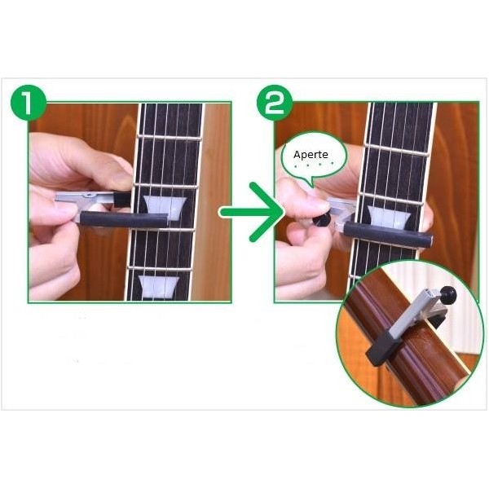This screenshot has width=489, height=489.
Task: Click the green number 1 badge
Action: (x=29, y=103)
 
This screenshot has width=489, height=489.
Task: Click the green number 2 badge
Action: (x=275, y=103)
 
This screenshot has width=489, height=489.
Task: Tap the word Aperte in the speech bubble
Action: (x=311, y=155)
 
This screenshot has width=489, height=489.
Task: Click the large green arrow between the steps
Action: (x=252, y=212)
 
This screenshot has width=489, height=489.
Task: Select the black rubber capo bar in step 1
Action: (x=124, y=219)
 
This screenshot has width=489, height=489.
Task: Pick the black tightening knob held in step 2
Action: (x=322, y=220)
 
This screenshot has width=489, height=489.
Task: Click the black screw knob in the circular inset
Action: (x=447, y=294)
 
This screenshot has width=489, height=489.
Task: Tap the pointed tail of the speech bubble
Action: (x=311, y=186)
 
